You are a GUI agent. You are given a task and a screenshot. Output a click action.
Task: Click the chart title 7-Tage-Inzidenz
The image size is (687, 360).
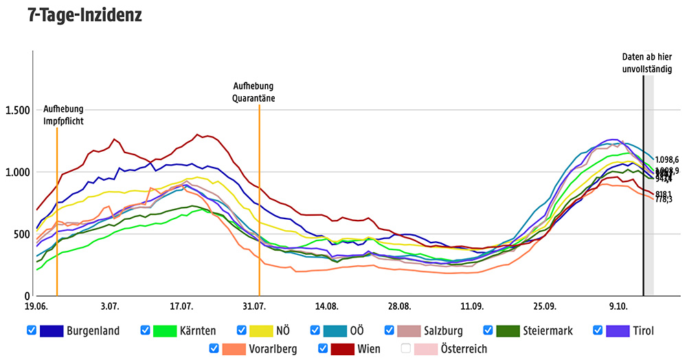pyautogui.click(x=85, y=14)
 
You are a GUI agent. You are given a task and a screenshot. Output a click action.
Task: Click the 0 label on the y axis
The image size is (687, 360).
pyautogui.click(x=26, y=296)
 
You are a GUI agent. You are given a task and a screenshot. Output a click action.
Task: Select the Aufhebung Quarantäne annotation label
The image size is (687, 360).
pyautogui.click(x=254, y=91)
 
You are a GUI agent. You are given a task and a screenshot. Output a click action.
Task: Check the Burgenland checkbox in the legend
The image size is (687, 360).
pyautogui.click(x=32, y=330)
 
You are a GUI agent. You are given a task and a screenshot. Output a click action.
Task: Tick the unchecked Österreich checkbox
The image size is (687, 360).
pyautogui.click(x=406, y=348)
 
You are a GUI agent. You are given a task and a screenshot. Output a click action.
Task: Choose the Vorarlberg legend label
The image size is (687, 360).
pyautogui.click(x=273, y=348)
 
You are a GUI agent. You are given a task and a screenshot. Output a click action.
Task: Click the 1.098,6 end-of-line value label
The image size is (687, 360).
pyautogui.click(x=666, y=159)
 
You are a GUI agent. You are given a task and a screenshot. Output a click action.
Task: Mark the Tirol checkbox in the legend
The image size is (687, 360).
pyautogui.click(x=598, y=330)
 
